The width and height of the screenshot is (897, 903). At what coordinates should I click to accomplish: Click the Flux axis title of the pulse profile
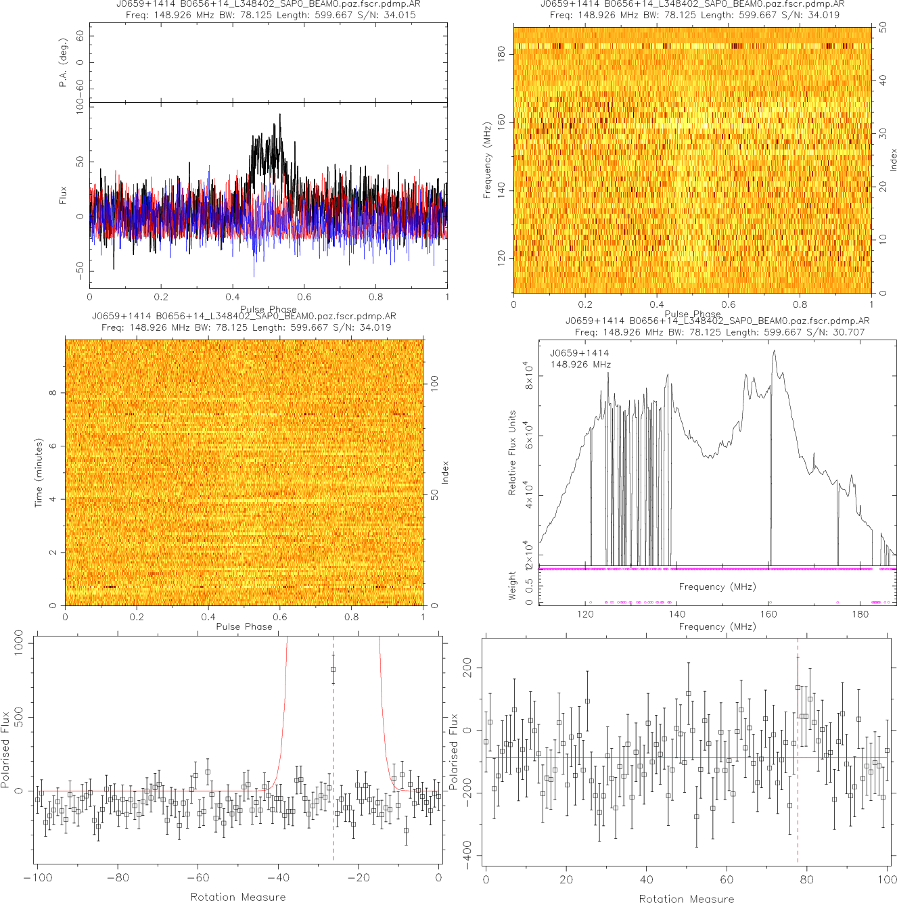pyautogui.click(x=63, y=195)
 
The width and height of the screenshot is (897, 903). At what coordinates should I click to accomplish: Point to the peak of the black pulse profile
pyautogui.click(x=279, y=115)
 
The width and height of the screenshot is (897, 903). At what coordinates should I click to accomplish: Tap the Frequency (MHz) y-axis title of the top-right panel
pyautogui.click(x=487, y=160)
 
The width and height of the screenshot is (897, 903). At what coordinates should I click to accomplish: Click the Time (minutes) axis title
pyautogui.click(x=39, y=473)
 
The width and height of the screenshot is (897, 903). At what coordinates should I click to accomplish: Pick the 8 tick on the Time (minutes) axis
pyautogui.click(x=52, y=393)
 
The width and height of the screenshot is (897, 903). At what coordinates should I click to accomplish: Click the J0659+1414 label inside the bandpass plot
pyautogui.click(x=579, y=353)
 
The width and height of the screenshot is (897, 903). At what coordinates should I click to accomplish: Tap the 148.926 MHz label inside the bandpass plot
pyautogui.click(x=580, y=365)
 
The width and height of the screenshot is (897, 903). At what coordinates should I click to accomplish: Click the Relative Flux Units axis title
pyautogui.click(x=512, y=453)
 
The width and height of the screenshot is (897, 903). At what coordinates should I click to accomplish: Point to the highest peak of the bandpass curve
pyautogui.click(x=774, y=350)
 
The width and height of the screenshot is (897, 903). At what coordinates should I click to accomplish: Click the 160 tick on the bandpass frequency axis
pyautogui.click(x=768, y=614)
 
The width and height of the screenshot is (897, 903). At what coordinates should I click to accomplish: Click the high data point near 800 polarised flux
pyautogui.click(x=333, y=669)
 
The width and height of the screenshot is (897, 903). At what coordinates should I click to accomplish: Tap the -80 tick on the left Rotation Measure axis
pyautogui.click(x=118, y=878)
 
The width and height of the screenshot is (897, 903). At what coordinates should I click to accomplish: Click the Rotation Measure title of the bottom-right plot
pyautogui.click(x=687, y=898)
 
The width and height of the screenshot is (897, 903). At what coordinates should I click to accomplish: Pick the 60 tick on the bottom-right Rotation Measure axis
pyautogui.click(x=727, y=879)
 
